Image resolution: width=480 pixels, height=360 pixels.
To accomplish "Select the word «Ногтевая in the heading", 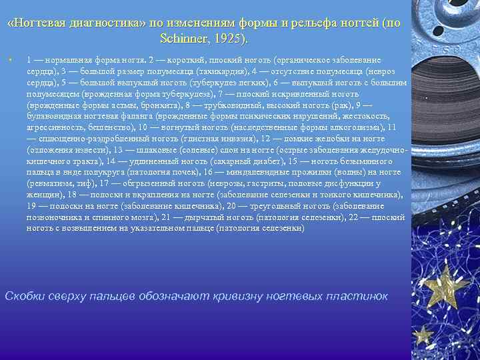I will [x=42, y=23].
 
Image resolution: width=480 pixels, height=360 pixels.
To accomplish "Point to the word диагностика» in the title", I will [x=113, y=23].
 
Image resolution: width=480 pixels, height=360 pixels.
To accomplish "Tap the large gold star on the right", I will [x=445, y=285].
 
